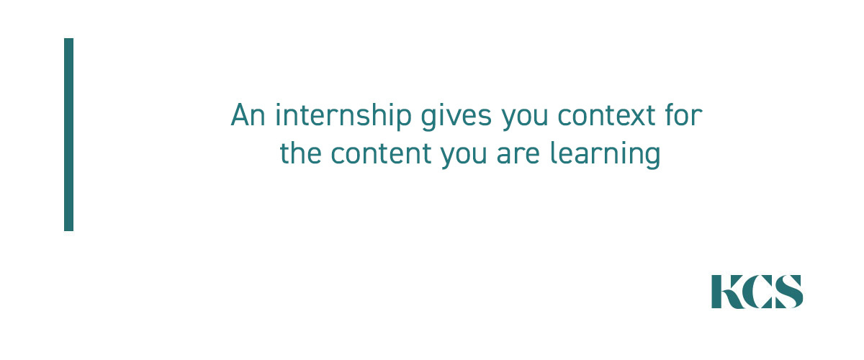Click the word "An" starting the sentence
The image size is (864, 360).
pos(248,115)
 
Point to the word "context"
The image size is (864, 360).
pos(606,116)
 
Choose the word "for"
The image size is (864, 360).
pos(683,114)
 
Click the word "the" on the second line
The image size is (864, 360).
pos(300,153)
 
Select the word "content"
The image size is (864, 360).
pos(381,153)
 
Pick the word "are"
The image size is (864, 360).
pos(518,155)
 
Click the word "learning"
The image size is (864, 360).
pos(606,155)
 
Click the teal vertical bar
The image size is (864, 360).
pos(68,134)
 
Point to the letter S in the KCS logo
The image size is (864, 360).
pos(788,292)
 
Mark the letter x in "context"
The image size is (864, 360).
pos(634,117)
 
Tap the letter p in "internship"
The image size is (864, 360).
pos(403,120)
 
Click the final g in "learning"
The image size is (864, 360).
pos(652,158)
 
